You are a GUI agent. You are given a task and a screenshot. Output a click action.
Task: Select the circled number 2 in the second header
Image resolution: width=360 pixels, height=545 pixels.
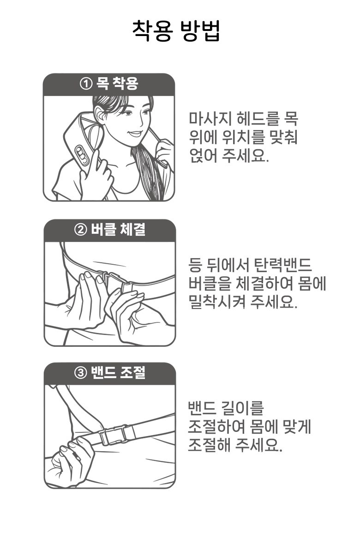(x=80, y=230)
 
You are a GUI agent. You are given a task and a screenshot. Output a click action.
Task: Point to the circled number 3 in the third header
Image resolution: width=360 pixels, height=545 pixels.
(x=80, y=373)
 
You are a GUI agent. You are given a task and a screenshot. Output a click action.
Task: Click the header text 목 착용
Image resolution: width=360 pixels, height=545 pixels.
(x=117, y=84)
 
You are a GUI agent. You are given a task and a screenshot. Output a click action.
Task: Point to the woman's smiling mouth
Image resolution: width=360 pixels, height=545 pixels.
(x=135, y=133)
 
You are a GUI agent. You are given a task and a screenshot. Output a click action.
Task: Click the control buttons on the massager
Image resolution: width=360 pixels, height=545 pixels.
(x=82, y=155)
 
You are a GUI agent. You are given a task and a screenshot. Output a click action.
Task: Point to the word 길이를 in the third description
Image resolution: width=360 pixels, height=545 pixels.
(x=245, y=408)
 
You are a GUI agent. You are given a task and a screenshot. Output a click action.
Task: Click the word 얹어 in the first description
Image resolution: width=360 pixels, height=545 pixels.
(x=203, y=155)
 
